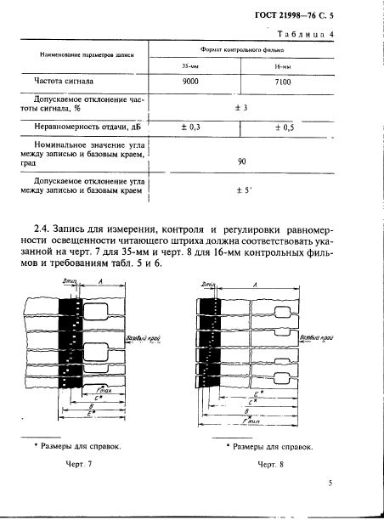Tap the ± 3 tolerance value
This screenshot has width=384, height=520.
[240, 108]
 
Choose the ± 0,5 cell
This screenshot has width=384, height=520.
[284, 127]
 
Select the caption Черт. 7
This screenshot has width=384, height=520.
[78, 464]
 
